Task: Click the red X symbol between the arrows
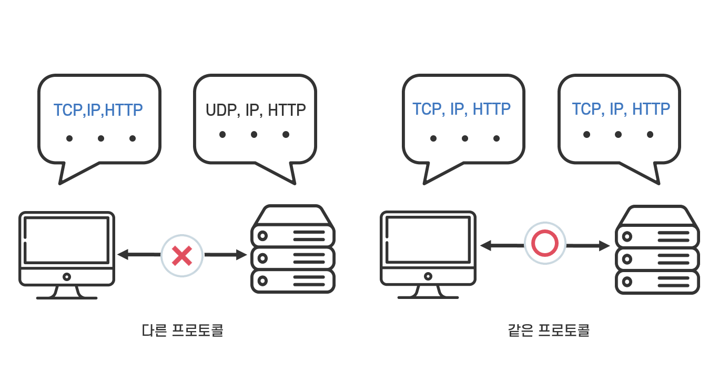[x=181, y=256]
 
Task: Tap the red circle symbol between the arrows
[x=545, y=243]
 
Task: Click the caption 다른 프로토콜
[x=183, y=331]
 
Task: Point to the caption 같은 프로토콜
[x=549, y=331]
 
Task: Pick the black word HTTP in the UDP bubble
[x=287, y=111]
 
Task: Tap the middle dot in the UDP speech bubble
[x=254, y=135]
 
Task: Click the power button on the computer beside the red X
[x=67, y=276]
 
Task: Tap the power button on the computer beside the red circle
[x=428, y=276]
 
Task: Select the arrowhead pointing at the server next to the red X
[x=242, y=255]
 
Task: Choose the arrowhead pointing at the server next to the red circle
[x=605, y=246]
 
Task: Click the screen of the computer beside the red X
[x=67, y=240]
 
